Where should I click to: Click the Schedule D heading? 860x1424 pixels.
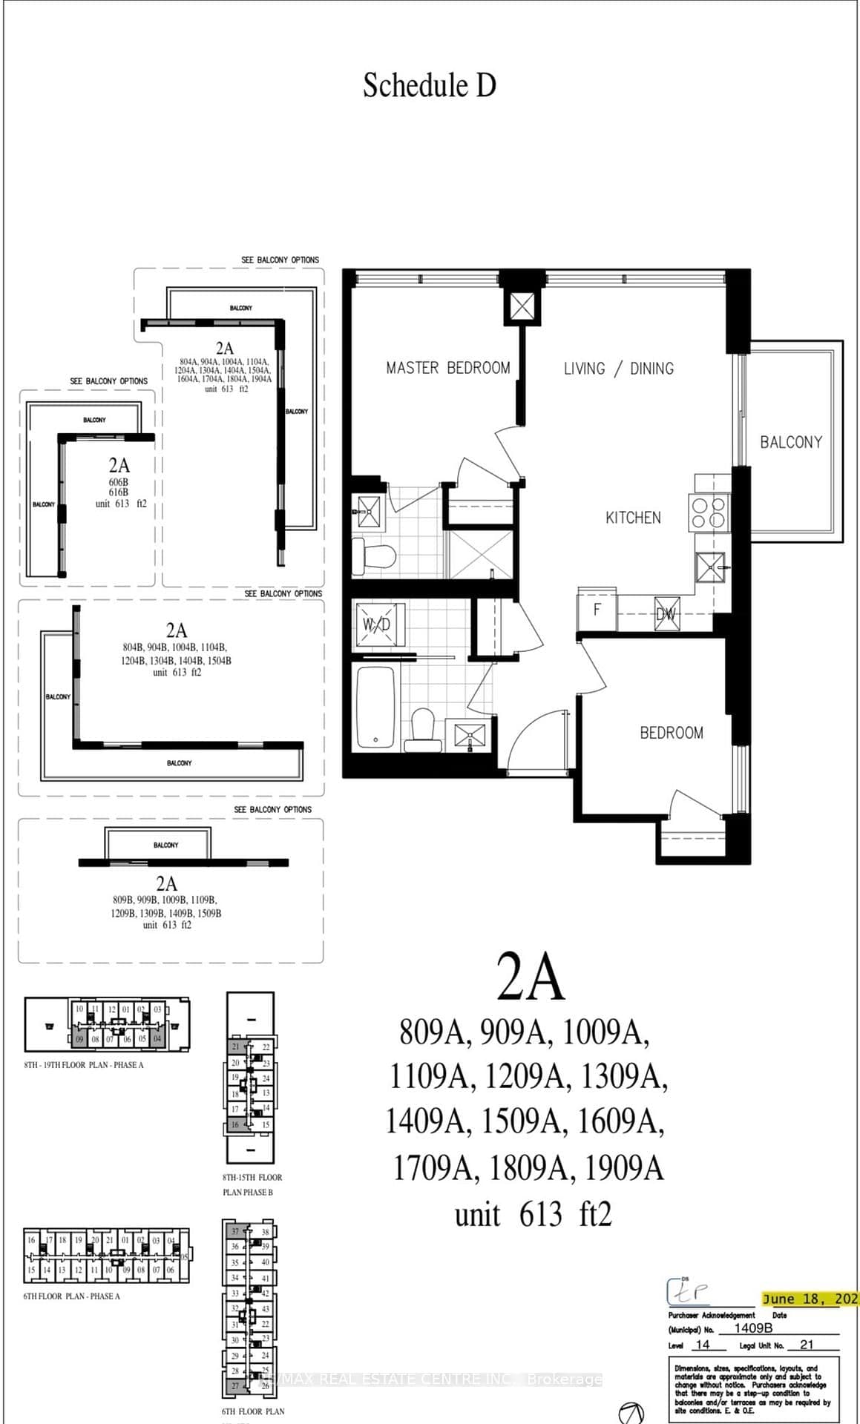point(429,85)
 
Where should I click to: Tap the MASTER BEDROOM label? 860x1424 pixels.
point(447,368)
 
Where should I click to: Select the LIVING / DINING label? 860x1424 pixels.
point(618,369)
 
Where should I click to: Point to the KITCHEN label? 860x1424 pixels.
point(633,518)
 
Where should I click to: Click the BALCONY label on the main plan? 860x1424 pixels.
point(791,442)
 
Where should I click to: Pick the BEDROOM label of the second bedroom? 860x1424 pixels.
point(672,733)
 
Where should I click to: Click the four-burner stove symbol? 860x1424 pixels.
point(708,512)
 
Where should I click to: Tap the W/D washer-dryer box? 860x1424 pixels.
point(376,624)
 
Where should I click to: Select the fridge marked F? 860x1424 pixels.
point(597,610)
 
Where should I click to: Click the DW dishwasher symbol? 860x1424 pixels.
point(666,614)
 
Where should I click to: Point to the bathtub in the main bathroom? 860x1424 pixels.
point(376,708)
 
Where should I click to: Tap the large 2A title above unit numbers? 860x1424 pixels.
point(531,977)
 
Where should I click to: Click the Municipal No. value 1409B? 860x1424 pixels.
point(753,1328)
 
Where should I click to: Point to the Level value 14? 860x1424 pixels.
point(702,1345)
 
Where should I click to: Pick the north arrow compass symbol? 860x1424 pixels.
point(631,1411)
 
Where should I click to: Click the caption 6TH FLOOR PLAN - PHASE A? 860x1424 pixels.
point(71,1296)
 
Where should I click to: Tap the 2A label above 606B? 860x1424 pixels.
point(119,465)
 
